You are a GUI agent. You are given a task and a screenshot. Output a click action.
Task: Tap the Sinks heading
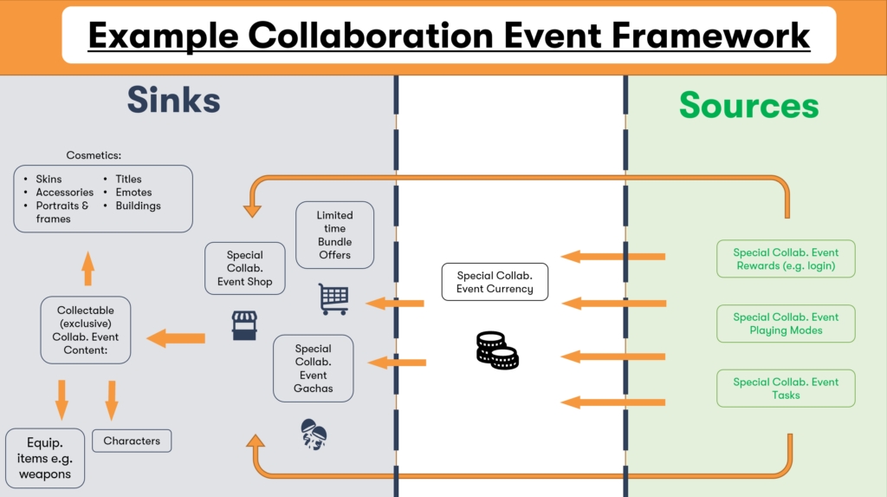tap(173, 101)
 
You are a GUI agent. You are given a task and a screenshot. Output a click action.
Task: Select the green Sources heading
tap(748, 105)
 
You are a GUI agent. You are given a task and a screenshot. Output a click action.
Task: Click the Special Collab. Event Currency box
tap(495, 282)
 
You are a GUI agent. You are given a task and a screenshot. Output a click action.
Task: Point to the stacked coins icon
tap(496, 350)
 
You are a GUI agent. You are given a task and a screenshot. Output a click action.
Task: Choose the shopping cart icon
tap(333, 298)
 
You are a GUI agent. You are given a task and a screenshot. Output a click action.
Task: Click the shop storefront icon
tap(245, 324)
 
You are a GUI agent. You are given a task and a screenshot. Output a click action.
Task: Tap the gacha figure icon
tap(314, 433)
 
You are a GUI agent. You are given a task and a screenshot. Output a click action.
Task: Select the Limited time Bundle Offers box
tap(334, 235)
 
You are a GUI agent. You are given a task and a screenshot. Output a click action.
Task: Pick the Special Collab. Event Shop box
tap(245, 268)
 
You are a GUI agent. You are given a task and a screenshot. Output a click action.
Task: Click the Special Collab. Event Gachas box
tap(314, 369)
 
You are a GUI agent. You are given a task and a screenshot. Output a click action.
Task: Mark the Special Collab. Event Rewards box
tap(786, 258)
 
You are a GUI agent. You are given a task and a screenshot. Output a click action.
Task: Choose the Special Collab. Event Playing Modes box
tap(786, 324)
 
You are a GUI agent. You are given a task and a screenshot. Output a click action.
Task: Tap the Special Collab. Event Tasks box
tap(786, 388)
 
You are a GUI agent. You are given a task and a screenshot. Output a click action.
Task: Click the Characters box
tap(132, 441)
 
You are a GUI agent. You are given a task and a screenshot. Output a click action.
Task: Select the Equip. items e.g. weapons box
tap(45, 457)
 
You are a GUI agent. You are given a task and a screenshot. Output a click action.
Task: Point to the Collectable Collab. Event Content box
tap(87, 330)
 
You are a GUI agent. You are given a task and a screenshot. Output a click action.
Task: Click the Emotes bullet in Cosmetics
tap(133, 193)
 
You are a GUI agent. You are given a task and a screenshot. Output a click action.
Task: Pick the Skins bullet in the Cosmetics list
tap(49, 179)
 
